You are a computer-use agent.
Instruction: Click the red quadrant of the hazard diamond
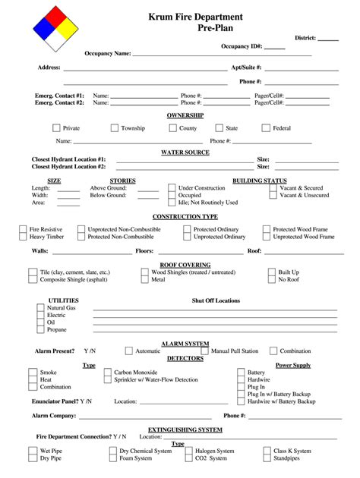[x=55, y=15]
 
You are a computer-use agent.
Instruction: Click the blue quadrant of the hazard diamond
[x=43, y=28]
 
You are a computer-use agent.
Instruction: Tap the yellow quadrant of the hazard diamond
[x=68, y=28]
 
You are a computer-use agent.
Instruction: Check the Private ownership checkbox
[x=55, y=128]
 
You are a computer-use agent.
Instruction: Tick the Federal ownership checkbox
[x=266, y=128]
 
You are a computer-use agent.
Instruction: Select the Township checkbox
[x=114, y=128]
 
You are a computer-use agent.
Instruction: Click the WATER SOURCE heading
[x=185, y=152]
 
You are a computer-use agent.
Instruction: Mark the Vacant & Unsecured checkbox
[x=273, y=195]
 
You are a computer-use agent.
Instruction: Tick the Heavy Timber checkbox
[x=23, y=237]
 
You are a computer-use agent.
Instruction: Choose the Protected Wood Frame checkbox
[x=267, y=229]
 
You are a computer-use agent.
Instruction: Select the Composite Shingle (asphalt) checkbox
[x=33, y=279]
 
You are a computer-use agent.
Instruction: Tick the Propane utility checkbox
[x=40, y=329]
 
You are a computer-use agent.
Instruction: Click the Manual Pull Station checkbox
[x=204, y=351]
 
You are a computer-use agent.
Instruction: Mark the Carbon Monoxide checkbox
[x=106, y=373]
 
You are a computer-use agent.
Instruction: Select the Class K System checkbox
[x=267, y=451]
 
